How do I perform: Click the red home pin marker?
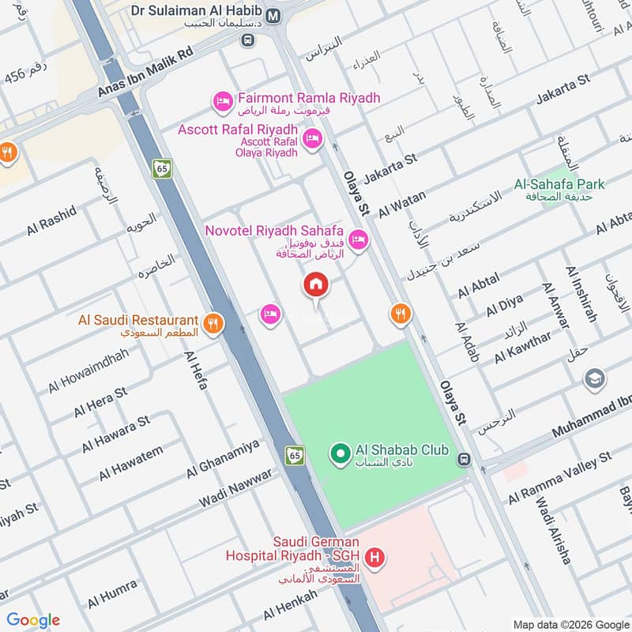[x=316, y=285]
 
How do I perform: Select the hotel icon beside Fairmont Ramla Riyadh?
[x=222, y=100]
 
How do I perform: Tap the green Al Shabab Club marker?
[x=340, y=453]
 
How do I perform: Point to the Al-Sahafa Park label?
[x=559, y=184]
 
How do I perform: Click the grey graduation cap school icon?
[x=595, y=380]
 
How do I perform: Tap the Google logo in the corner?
[x=33, y=620]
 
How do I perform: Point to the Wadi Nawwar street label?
[x=235, y=489]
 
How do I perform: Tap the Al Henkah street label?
[x=290, y=605]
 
